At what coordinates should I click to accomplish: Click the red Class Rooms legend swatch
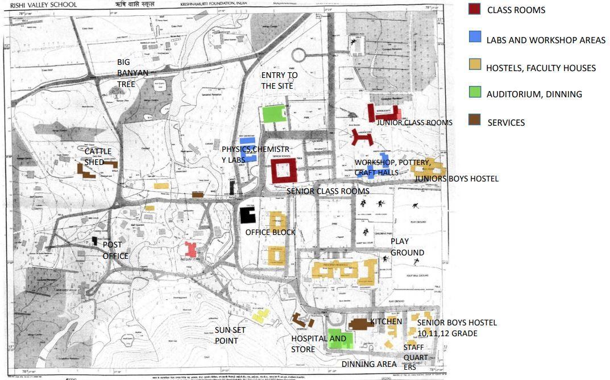475,10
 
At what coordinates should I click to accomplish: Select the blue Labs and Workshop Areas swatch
475,38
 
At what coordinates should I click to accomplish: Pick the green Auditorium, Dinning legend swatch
475,93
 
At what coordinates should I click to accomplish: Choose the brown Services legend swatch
475,121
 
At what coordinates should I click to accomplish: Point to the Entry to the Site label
279,80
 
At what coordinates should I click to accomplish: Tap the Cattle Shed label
98,156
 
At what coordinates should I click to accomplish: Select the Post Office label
115,250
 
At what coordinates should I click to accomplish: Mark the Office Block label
270,232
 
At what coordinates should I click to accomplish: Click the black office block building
248,215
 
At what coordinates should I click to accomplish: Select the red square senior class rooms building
283,170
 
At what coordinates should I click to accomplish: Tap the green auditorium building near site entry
273,114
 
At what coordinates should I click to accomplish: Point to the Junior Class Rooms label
414,122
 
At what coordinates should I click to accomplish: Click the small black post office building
95,241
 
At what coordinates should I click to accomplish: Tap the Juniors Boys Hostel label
456,179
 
